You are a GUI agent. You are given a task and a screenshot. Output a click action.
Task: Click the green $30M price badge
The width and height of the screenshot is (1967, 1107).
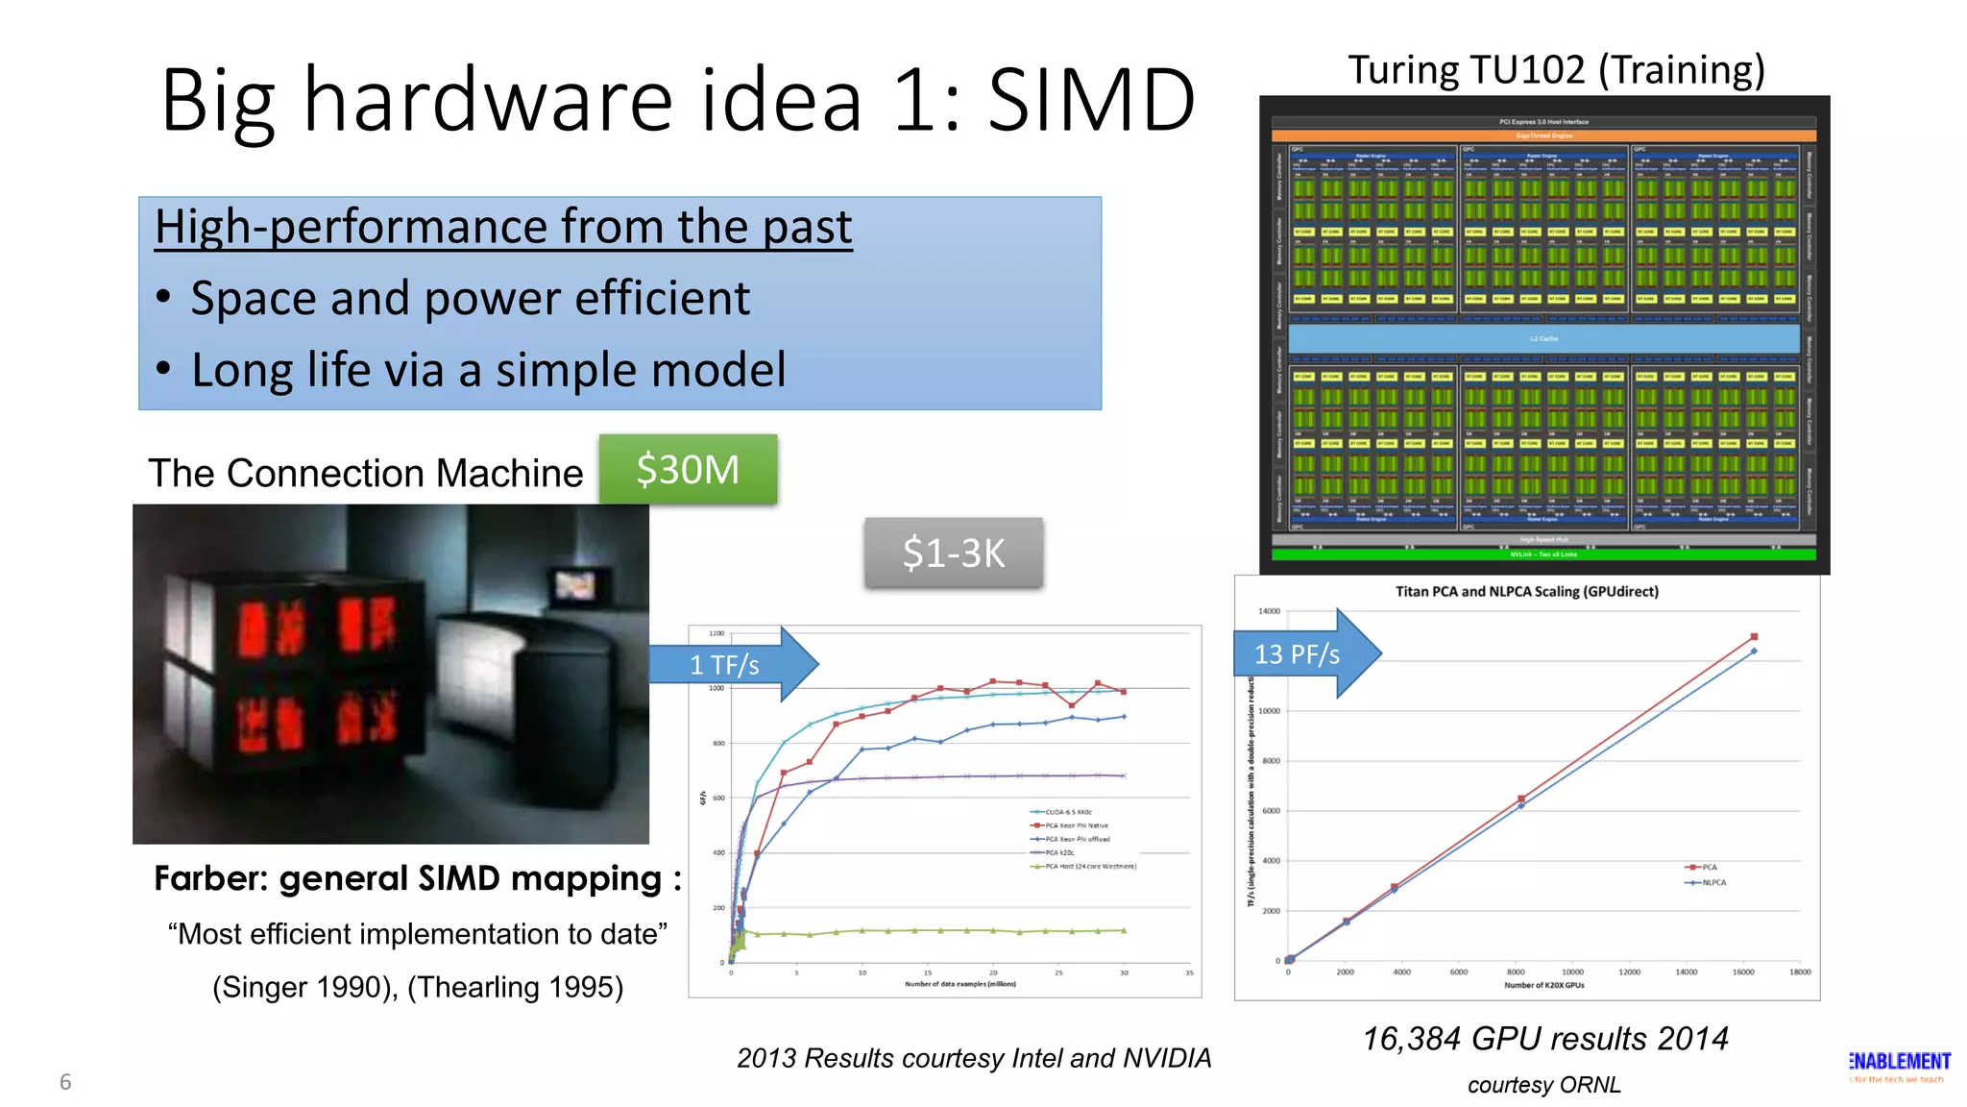pyautogui.click(x=688, y=470)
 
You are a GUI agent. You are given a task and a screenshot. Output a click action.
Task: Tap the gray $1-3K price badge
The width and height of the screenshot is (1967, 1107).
pyautogui.click(x=953, y=553)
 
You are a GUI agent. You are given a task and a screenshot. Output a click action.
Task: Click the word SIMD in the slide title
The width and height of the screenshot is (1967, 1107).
pyautogui.click(x=1091, y=100)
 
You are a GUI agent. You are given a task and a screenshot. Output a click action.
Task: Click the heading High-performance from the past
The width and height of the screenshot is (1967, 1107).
pyautogui.click(x=503, y=228)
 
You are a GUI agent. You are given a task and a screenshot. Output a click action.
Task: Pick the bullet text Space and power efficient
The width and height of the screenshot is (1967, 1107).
pyautogui.click(x=470, y=299)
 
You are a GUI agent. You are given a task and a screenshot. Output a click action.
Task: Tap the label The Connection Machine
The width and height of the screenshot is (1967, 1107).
pyautogui.click(x=365, y=474)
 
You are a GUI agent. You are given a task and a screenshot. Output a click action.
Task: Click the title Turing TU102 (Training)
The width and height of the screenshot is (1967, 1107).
pyautogui.click(x=1556, y=70)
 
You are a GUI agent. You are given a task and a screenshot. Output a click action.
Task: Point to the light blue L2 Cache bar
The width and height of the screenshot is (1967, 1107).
pyautogui.click(x=1543, y=338)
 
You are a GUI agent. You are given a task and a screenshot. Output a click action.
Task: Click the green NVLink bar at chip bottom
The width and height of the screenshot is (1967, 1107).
pyautogui.click(x=1543, y=554)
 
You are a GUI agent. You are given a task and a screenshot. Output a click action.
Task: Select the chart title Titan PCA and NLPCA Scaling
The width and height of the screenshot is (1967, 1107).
pyautogui.click(x=1526, y=592)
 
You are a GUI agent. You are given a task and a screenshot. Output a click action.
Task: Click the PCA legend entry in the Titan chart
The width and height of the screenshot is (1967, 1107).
pyautogui.click(x=1706, y=867)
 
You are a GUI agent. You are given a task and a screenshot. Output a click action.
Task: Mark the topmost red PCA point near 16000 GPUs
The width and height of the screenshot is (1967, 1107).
pyautogui.click(x=1754, y=637)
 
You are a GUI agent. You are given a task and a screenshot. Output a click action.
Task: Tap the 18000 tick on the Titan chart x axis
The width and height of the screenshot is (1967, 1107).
pyautogui.click(x=1799, y=972)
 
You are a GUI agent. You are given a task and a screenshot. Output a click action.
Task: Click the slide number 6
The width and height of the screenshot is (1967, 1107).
pyautogui.click(x=65, y=1082)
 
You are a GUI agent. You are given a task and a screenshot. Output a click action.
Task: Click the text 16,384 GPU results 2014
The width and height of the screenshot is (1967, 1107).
pyautogui.click(x=1544, y=1039)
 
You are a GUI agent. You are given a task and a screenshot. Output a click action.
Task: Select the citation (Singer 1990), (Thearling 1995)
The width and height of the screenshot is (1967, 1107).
pyautogui.click(x=418, y=988)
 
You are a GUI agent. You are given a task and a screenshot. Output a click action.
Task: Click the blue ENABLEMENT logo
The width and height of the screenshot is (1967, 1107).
pyautogui.click(x=1899, y=1062)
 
